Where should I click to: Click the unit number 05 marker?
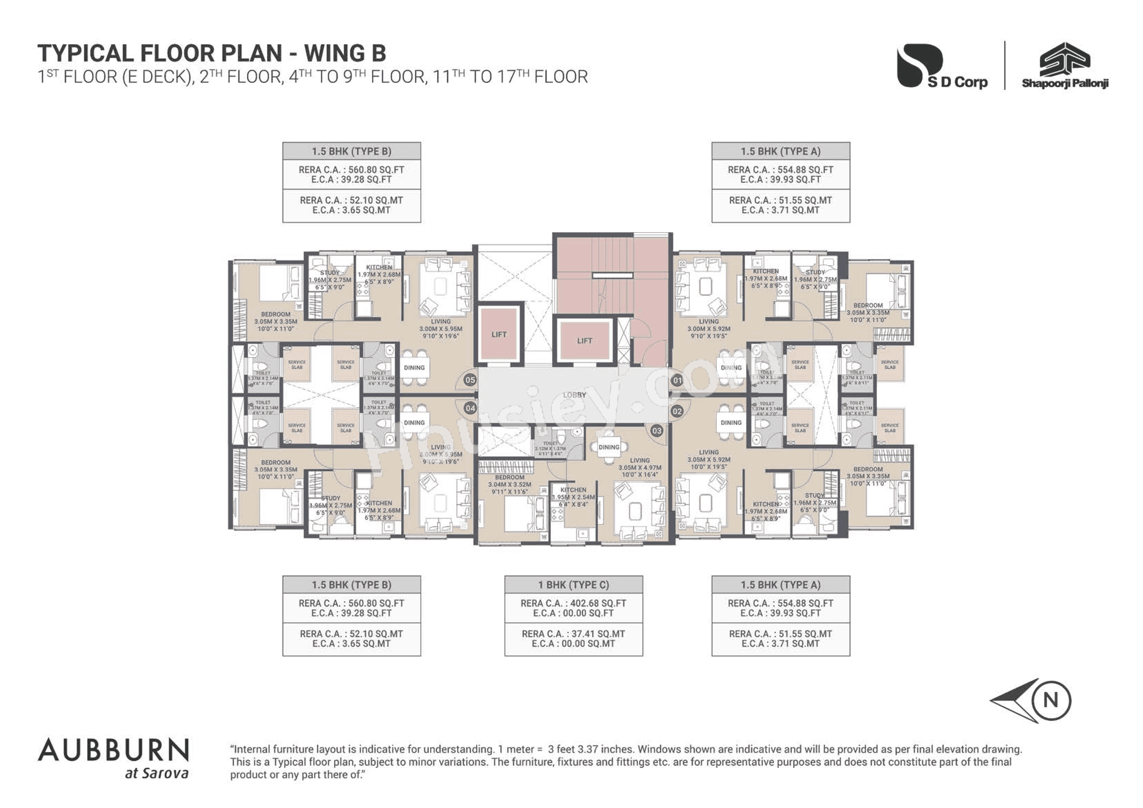point(470,380)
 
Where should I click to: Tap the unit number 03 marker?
point(656,431)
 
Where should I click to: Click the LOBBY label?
point(575,395)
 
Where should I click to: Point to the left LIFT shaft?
point(499,334)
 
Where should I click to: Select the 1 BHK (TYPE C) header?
point(574,584)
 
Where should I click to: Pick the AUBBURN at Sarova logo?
point(113,758)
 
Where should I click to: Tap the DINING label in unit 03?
point(609,447)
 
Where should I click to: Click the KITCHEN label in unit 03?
point(573,490)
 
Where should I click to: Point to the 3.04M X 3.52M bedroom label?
point(509,484)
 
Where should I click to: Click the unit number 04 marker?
point(470,408)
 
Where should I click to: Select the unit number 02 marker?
point(677,411)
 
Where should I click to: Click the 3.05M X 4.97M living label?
point(640,468)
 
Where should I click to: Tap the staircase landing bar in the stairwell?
point(612,275)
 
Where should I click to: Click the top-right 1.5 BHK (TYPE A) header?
point(780,151)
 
